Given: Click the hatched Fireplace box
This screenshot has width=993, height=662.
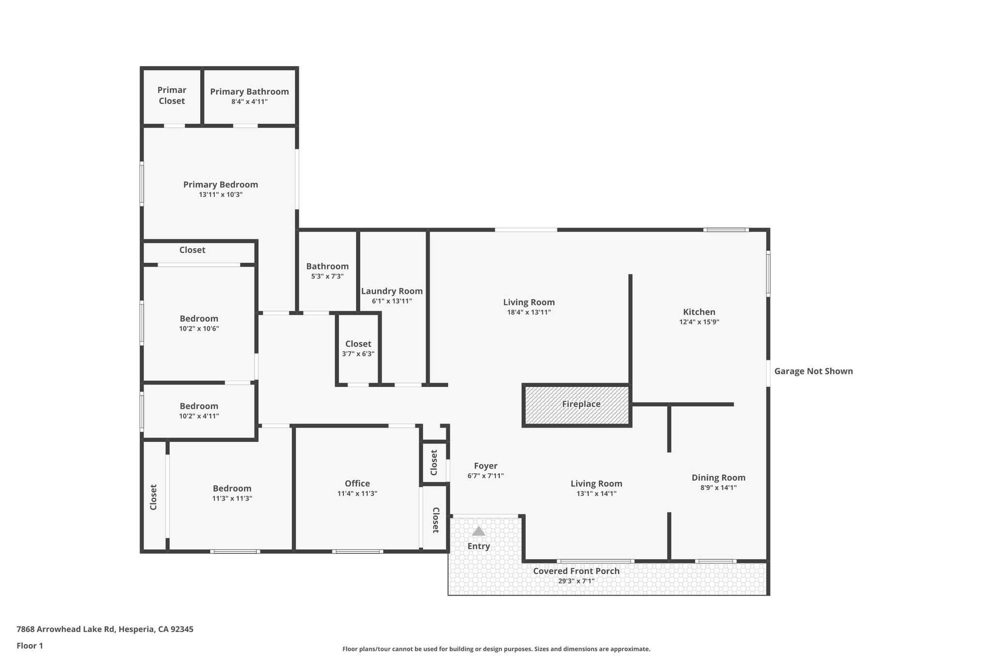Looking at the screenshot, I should coord(577,405).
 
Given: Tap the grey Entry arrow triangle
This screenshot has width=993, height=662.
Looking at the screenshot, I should coord(479,531).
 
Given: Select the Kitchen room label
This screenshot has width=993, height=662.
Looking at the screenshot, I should coord(699,312).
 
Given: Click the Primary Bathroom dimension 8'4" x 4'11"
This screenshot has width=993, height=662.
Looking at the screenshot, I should coord(249,102).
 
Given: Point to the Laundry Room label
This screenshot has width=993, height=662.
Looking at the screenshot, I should coord(392,291).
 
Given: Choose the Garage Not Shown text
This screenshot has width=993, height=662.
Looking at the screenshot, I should coord(813,371).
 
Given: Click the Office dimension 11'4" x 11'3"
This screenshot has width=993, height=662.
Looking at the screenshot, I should coord(357,494).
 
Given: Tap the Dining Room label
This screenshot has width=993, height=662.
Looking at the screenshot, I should coord(718,478).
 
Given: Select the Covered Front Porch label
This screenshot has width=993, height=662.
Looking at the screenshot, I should coord(576,571).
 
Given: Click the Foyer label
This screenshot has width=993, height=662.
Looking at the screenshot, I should coord(485,466).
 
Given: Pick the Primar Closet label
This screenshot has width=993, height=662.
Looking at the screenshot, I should coord(172,96).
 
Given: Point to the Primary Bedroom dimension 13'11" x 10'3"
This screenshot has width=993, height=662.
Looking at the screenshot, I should coord(221,194).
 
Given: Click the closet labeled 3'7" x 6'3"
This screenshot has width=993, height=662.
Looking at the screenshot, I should coord(358,349).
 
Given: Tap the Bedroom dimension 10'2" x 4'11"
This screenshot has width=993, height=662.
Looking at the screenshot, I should coord(199,416).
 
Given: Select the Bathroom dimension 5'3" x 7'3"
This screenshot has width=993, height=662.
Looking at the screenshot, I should coord(327,276).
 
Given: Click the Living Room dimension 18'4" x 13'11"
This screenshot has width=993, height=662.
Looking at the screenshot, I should coord(529,312).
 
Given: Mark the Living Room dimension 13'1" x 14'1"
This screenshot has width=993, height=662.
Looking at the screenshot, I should coord(596,494).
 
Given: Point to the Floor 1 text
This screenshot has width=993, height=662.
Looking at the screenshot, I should coord(30,646).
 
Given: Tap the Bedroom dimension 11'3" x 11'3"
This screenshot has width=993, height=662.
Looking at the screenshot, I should coord(232,499).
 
